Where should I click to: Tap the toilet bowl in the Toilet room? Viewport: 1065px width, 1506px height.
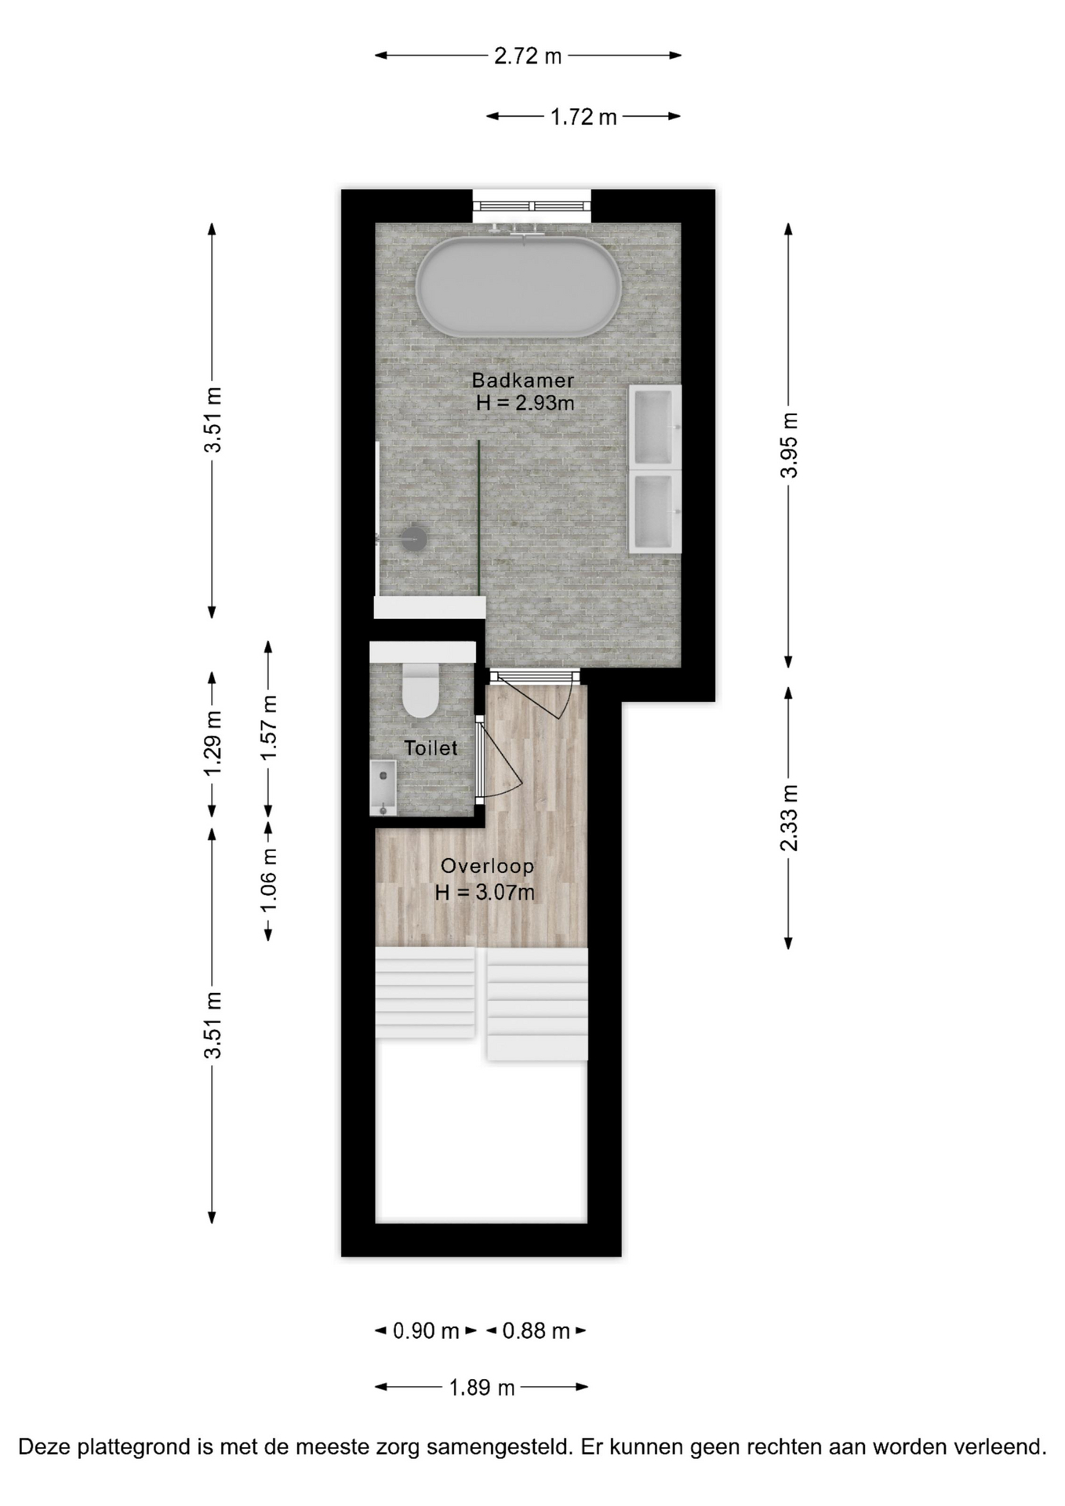420,689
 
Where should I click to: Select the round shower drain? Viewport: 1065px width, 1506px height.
413,538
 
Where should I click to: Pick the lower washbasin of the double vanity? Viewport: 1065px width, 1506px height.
654,511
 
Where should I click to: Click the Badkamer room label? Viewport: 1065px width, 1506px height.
523,380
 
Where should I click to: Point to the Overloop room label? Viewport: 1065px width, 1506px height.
487,867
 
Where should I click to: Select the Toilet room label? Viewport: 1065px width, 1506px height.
431,748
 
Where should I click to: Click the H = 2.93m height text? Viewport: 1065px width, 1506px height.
525,404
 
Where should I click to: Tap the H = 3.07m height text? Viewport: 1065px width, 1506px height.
485,893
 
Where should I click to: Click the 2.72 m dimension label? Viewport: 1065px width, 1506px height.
528,56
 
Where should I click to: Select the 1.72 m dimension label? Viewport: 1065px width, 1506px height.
583,118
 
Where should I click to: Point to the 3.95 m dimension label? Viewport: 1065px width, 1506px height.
789,445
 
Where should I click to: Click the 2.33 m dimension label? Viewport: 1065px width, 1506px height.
789,817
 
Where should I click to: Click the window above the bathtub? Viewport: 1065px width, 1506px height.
532,206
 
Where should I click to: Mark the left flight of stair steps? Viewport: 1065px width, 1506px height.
425,992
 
